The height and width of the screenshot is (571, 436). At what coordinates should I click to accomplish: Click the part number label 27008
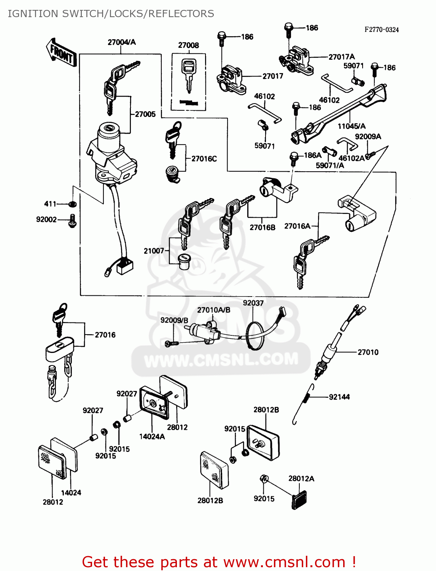(188, 45)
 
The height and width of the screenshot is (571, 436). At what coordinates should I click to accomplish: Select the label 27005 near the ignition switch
(145, 114)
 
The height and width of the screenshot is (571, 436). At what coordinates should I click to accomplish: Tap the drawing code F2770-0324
(382, 30)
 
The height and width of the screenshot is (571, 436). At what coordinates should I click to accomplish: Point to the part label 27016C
(204, 159)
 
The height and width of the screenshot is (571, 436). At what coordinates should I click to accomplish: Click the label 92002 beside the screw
(46, 220)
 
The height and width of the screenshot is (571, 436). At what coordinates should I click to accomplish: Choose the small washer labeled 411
(72, 204)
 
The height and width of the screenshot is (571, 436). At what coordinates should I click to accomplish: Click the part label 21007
(154, 251)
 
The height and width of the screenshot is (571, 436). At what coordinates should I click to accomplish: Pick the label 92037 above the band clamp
(253, 303)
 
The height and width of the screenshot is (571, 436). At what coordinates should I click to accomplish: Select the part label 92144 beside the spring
(339, 397)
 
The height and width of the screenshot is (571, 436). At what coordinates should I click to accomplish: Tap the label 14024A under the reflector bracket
(152, 437)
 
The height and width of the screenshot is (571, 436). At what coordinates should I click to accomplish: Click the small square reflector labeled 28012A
(299, 500)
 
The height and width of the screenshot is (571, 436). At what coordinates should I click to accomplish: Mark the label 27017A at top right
(341, 57)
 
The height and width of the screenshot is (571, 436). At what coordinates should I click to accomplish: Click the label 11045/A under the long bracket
(352, 126)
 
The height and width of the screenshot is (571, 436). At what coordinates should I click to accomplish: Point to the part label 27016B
(262, 228)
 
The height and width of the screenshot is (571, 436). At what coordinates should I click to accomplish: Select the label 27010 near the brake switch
(368, 352)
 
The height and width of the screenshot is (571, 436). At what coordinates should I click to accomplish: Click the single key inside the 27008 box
(188, 75)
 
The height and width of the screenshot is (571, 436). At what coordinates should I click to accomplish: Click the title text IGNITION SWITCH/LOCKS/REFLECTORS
(111, 14)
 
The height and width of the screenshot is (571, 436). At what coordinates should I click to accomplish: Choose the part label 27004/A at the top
(121, 42)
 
